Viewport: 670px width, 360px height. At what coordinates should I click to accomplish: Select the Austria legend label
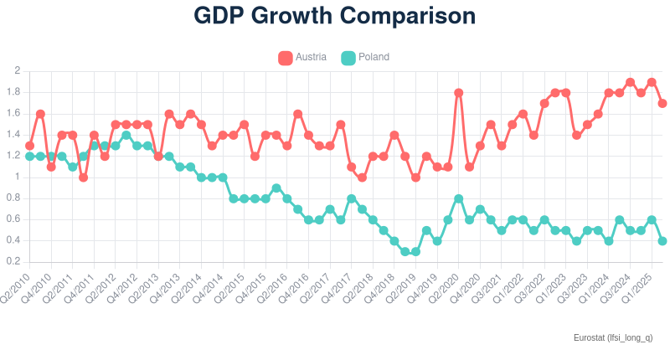click(x=311, y=57)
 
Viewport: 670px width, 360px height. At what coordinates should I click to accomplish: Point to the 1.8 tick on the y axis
click(x=14, y=92)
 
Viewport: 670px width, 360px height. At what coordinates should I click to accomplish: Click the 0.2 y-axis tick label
click(x=14, y=262)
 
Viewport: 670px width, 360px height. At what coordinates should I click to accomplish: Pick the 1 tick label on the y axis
click(x=17, y=177)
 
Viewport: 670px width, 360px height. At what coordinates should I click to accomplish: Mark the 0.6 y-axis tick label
click(x=14, y=219)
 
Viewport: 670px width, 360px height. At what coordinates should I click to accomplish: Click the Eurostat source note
click(x=612, y=337)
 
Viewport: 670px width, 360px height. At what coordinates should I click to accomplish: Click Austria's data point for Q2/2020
click(x=458, y=92)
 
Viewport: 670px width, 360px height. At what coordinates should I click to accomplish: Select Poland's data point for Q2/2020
click(x=458, y=198)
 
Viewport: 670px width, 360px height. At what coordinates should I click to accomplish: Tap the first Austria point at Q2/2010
click(x=29, y=146)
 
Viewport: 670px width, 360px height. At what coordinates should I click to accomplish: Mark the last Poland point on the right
click(x=662, y=240)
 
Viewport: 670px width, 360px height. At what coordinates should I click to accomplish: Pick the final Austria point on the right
click(x=662, y=103)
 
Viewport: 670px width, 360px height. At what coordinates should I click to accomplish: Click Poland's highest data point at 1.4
click(x=126, y=135)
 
